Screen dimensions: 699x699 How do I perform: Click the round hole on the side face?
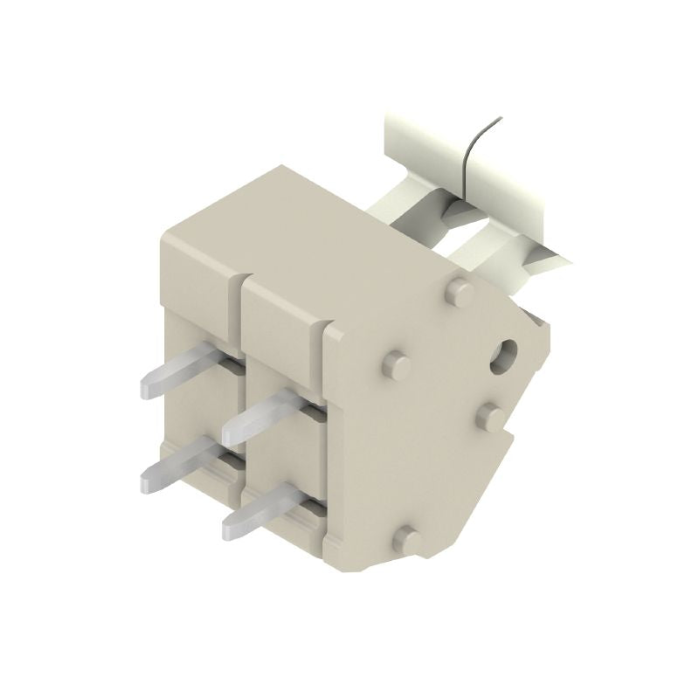[504, 356]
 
